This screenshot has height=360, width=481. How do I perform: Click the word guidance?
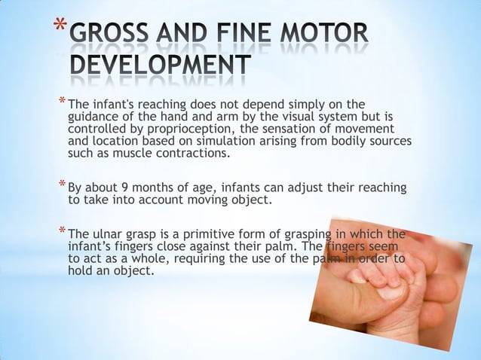click(x=92, y=117)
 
